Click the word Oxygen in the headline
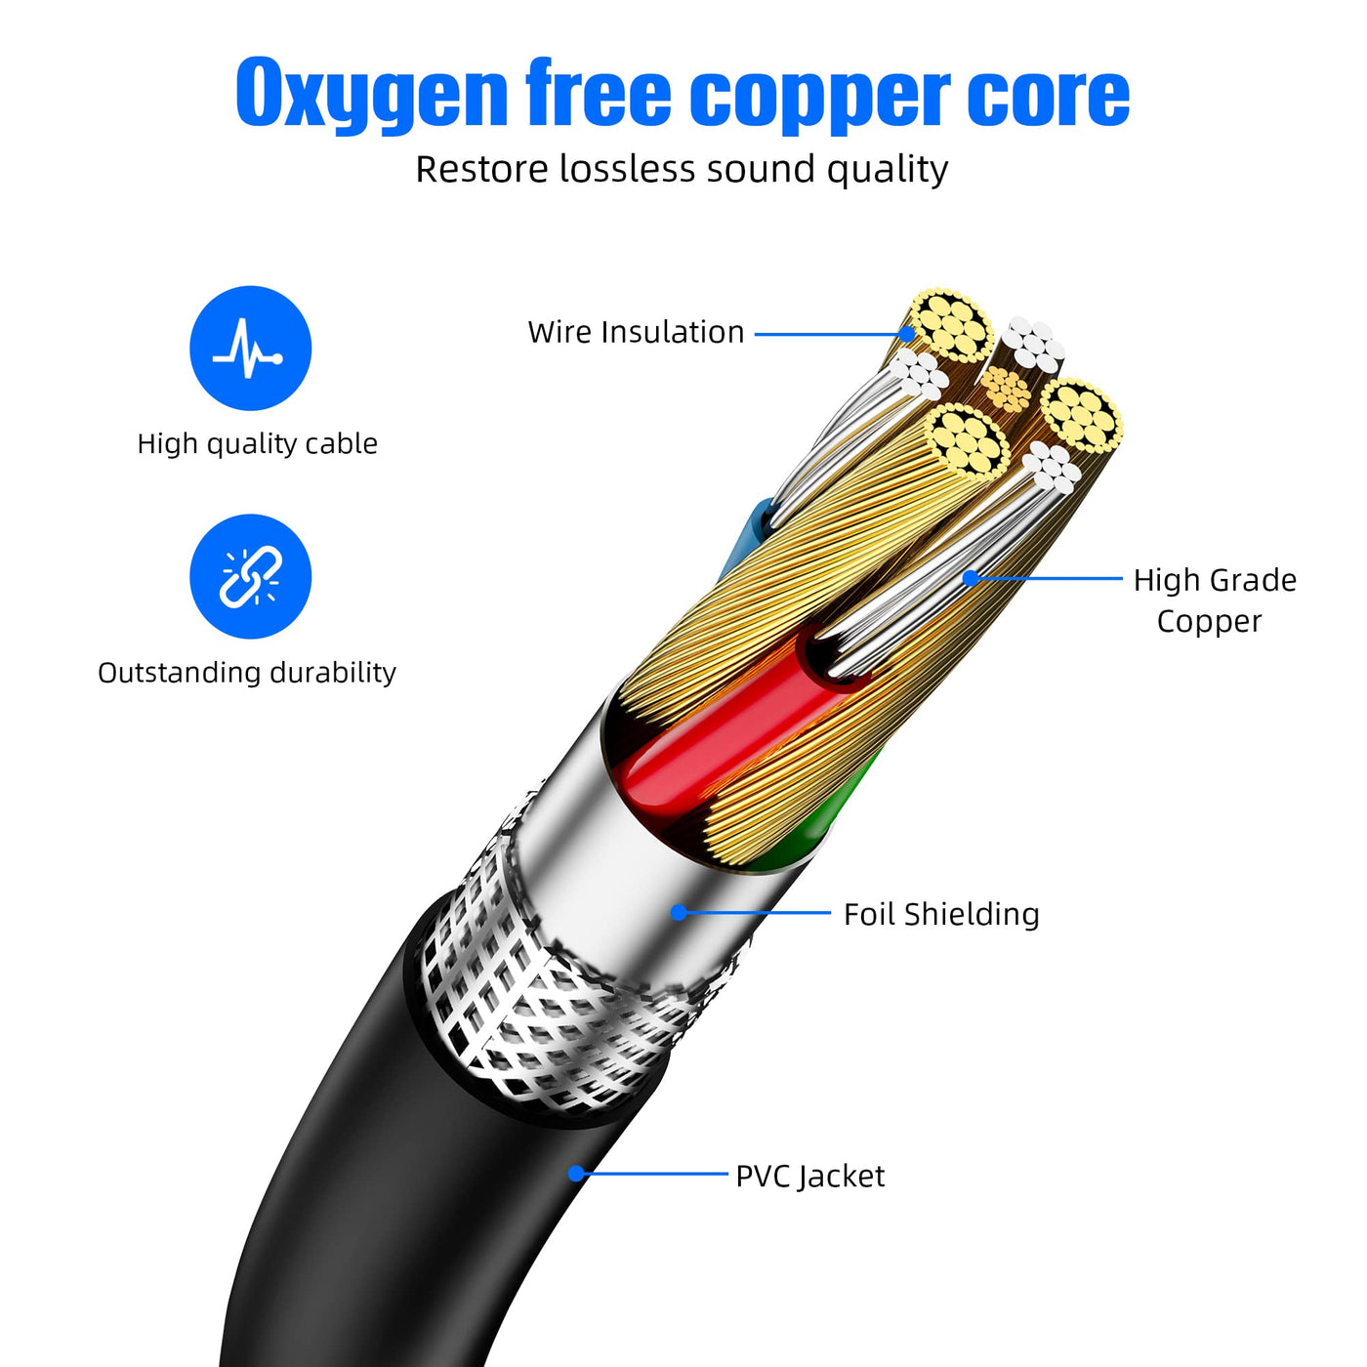tap(371, 95)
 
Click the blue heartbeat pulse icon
tap(250, 348)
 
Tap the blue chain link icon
tap(250, 576)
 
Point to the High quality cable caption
tap(257, 443)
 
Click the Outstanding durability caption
tap(247, 673)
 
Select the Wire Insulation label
tap(636, 332)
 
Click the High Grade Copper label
tap(1214, 600)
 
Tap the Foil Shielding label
tap(941, 914)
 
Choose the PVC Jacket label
tap(809, 1176)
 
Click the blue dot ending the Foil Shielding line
tap(679, 913)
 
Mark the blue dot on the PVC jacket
tap(577, 1173)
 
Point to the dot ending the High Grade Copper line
tap(970, 578)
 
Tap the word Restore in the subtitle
tap(482, 169)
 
